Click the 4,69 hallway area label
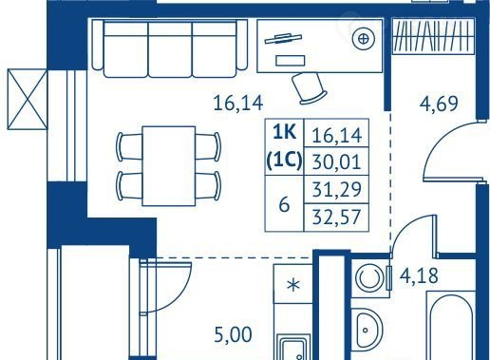click(439, 104)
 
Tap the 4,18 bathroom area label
click(419, 275)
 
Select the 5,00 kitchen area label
click(234, 335)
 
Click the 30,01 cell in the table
click(336, 161)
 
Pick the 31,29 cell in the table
click(336, 190)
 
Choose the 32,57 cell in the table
click(336, 218)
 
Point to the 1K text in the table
click(284, 133)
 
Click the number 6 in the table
click(284, 205)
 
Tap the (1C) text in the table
click(284, 161)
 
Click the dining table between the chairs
click(169, 166)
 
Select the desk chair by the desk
click(309, 88)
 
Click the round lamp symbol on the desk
click(364, 39)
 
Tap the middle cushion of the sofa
click(170, 49)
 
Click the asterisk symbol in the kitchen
click(293, 285)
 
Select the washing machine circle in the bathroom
click(368, 277)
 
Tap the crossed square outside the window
click(28, 100)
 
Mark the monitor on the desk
click(283, 38)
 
